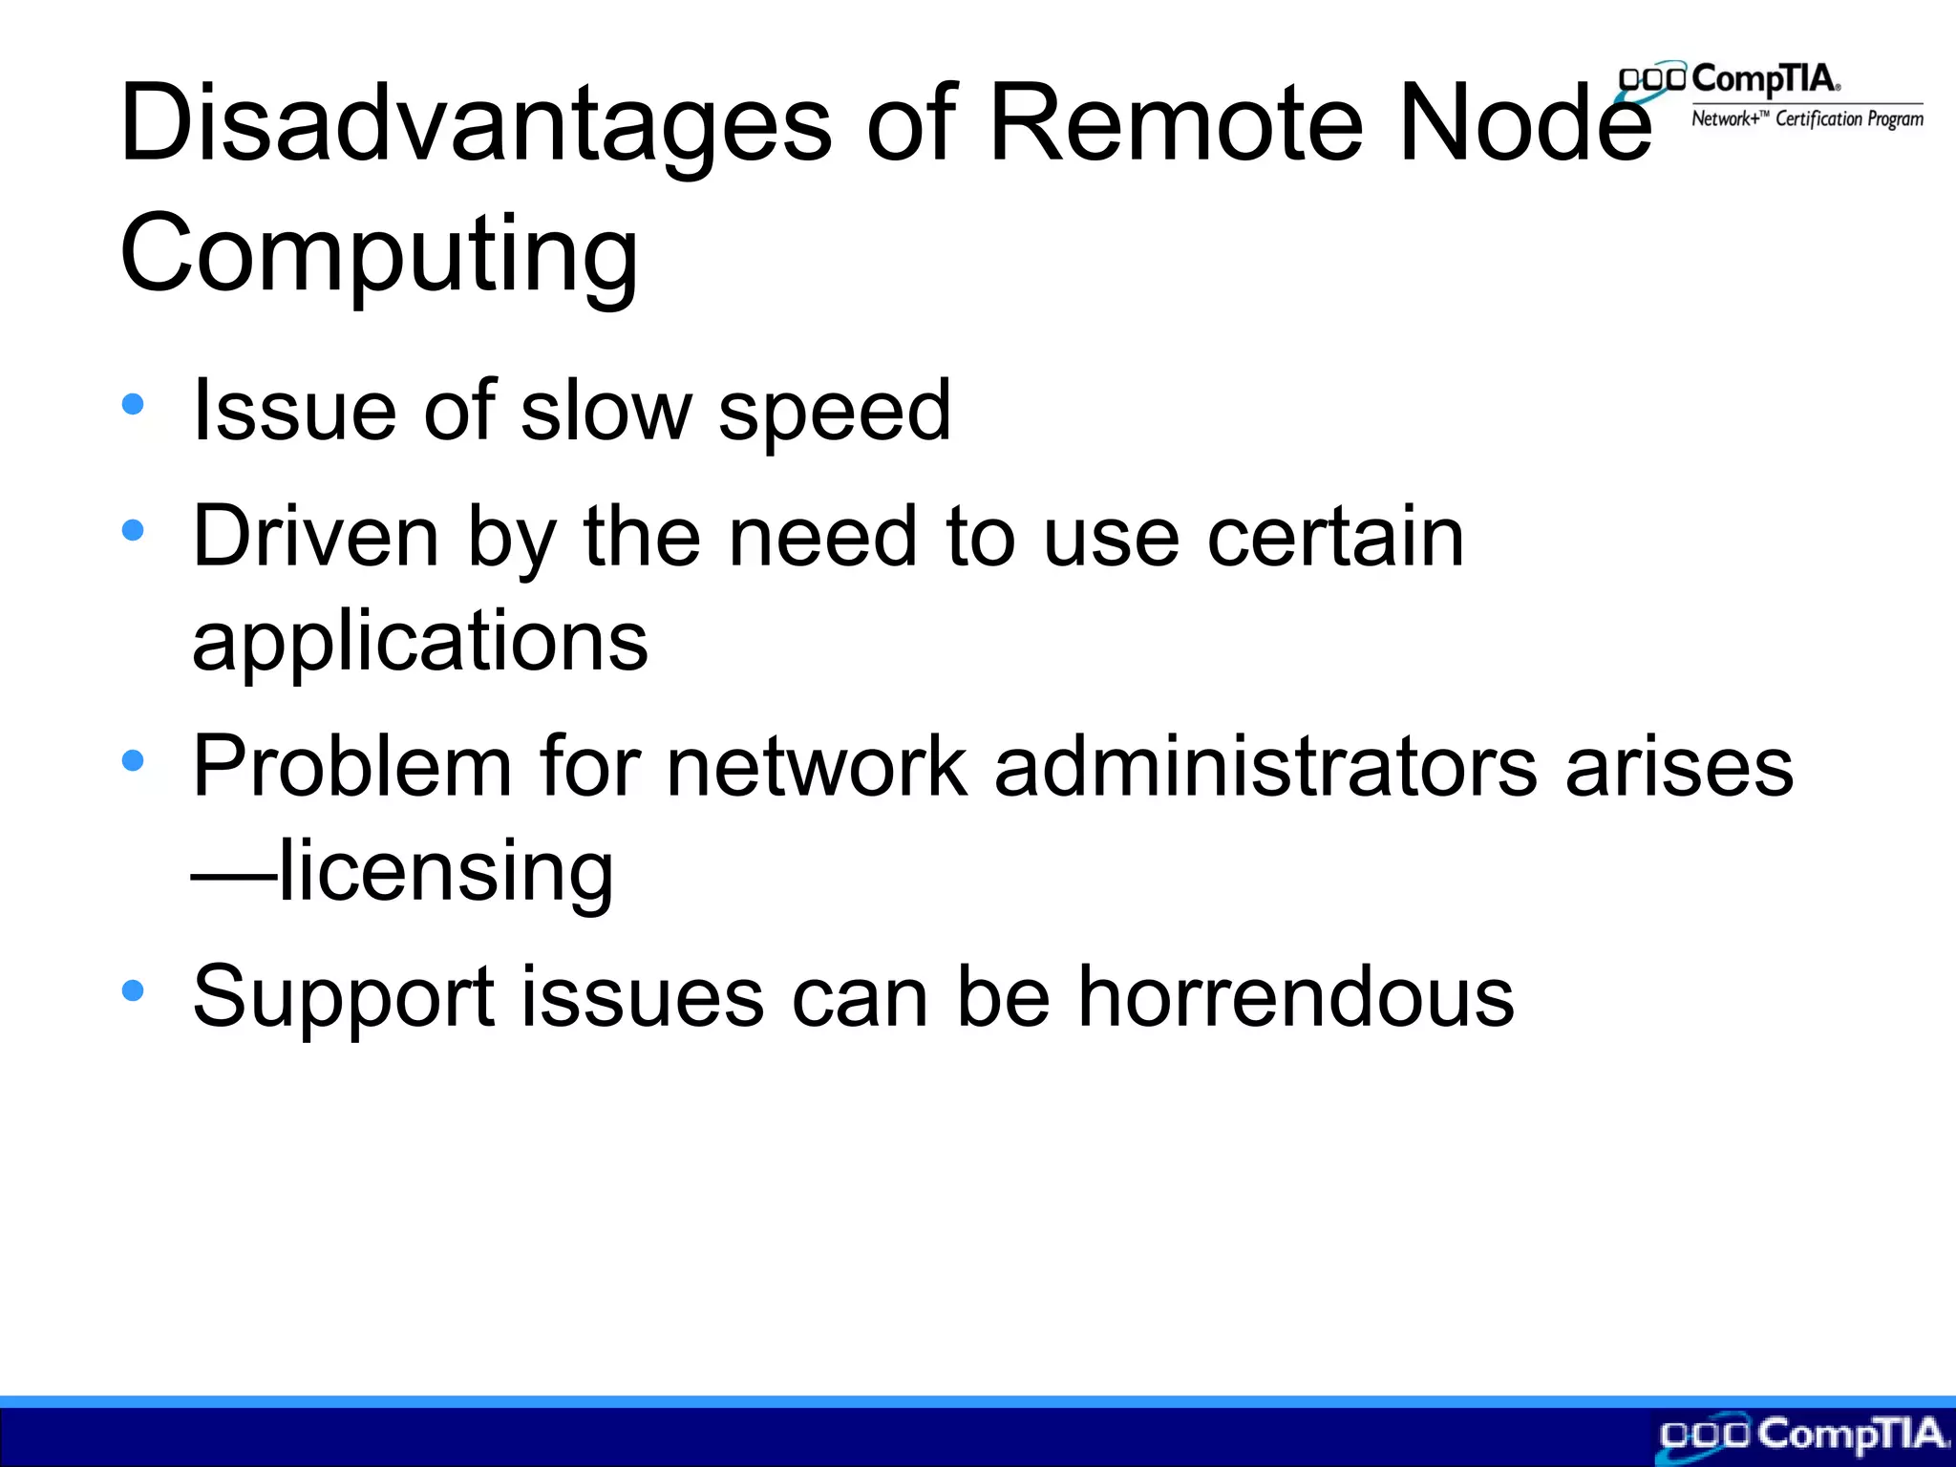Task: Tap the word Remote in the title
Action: (1175, 124)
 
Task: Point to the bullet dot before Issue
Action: (133, 404)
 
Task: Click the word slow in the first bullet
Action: (606, 411)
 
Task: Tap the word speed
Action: (834, 413)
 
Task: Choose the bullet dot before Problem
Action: (133, 760)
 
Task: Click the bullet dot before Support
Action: (133, 990)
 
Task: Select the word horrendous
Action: (1296, 997)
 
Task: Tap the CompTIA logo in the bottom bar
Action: (1803, 1435)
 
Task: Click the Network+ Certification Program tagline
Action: (1807, 119)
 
